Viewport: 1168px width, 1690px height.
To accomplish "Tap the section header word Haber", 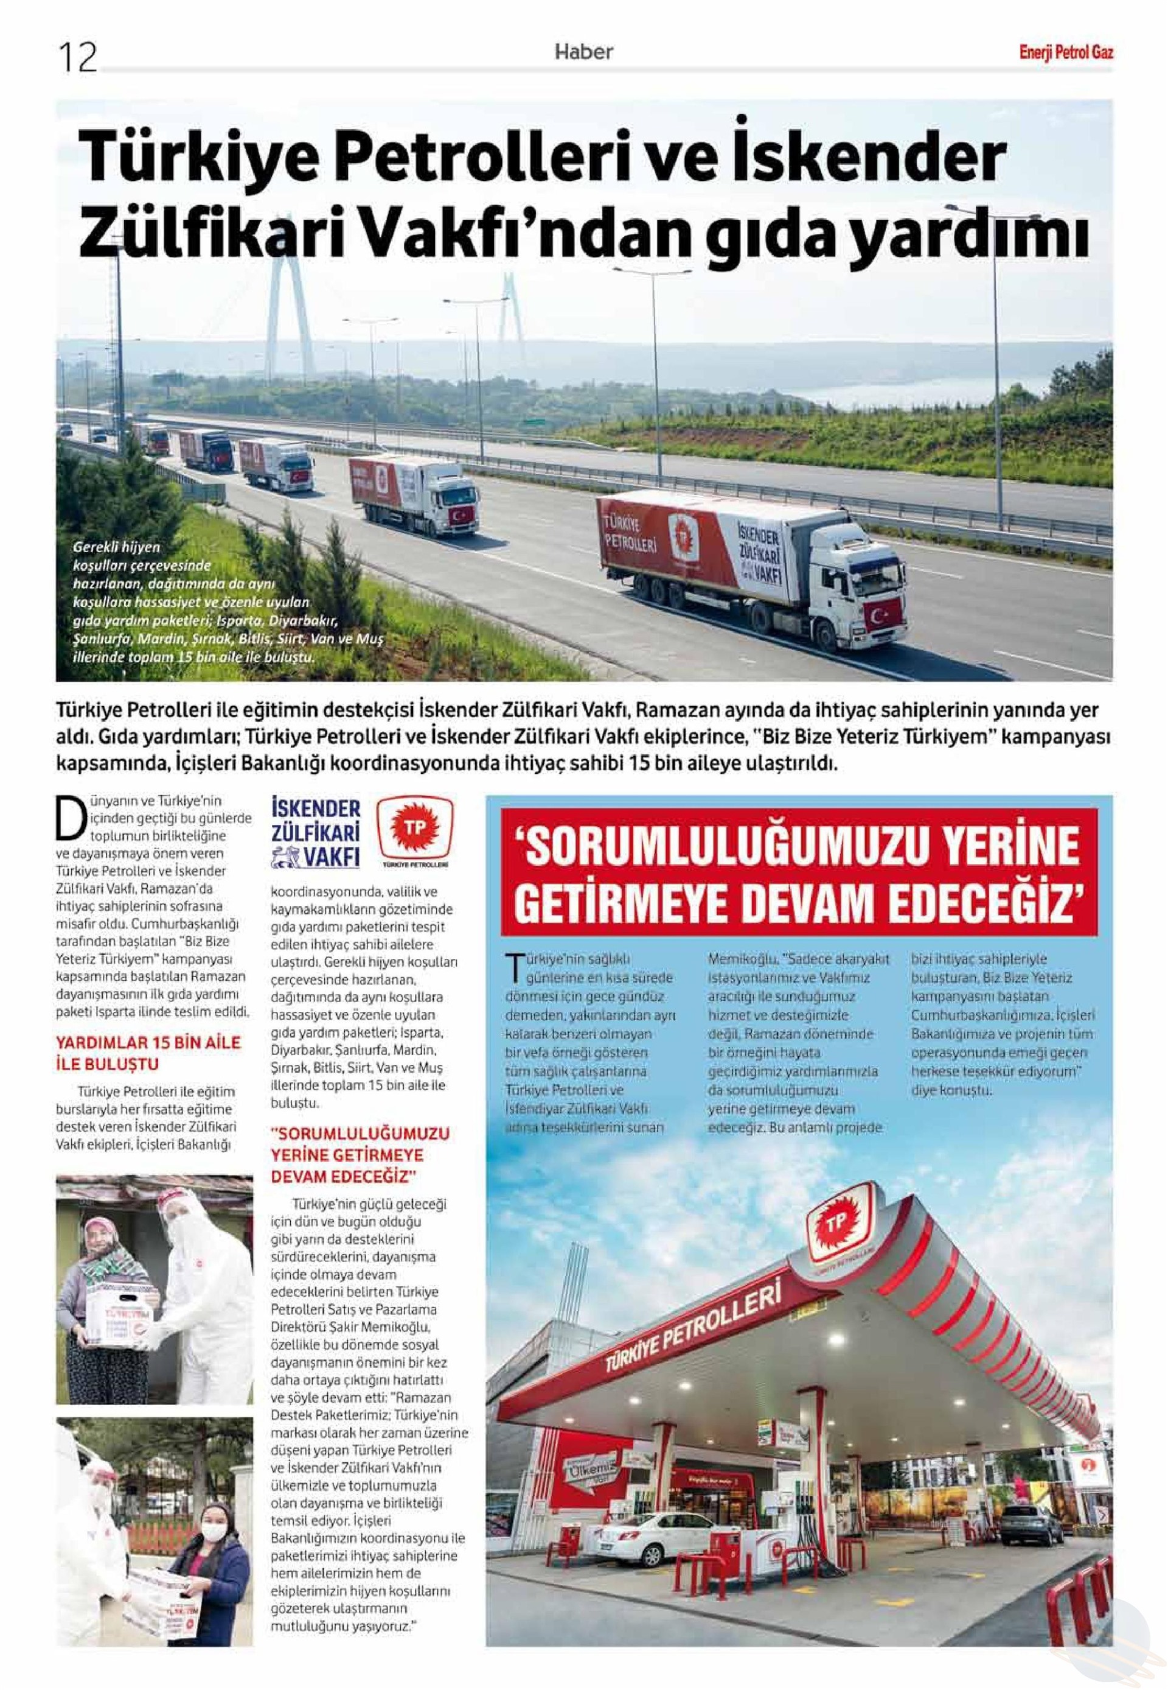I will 583,51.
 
